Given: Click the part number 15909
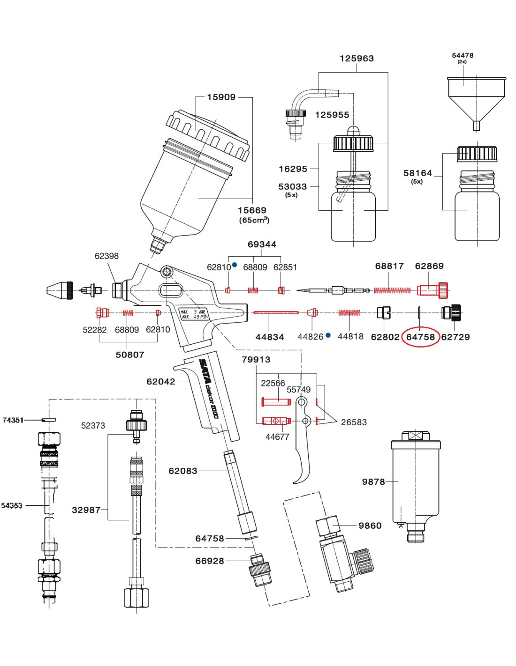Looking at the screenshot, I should coord(221,97).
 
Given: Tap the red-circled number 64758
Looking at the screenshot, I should coord(420,337).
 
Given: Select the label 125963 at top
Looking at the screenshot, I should coord(357,59).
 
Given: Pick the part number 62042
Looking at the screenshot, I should coord(160,382).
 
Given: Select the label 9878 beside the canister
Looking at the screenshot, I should coord(373,482).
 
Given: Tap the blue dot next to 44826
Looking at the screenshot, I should coord(328,335).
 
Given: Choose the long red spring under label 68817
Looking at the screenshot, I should coord(392,291).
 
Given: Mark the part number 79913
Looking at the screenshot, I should coord(256,360).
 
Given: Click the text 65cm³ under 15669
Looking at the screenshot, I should coord(254,220).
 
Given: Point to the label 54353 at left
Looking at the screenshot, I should coord(12,506).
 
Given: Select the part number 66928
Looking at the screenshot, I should coord(209,561).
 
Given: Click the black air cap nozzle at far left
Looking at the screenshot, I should coord(61,290).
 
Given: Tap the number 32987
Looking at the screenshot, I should coord(86,510).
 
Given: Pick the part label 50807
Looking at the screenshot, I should coord(129,355).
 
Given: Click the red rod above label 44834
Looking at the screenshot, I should coord(275,312).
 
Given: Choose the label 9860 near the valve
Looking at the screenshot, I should coord(370,526).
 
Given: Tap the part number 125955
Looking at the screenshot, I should coord(332,115).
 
